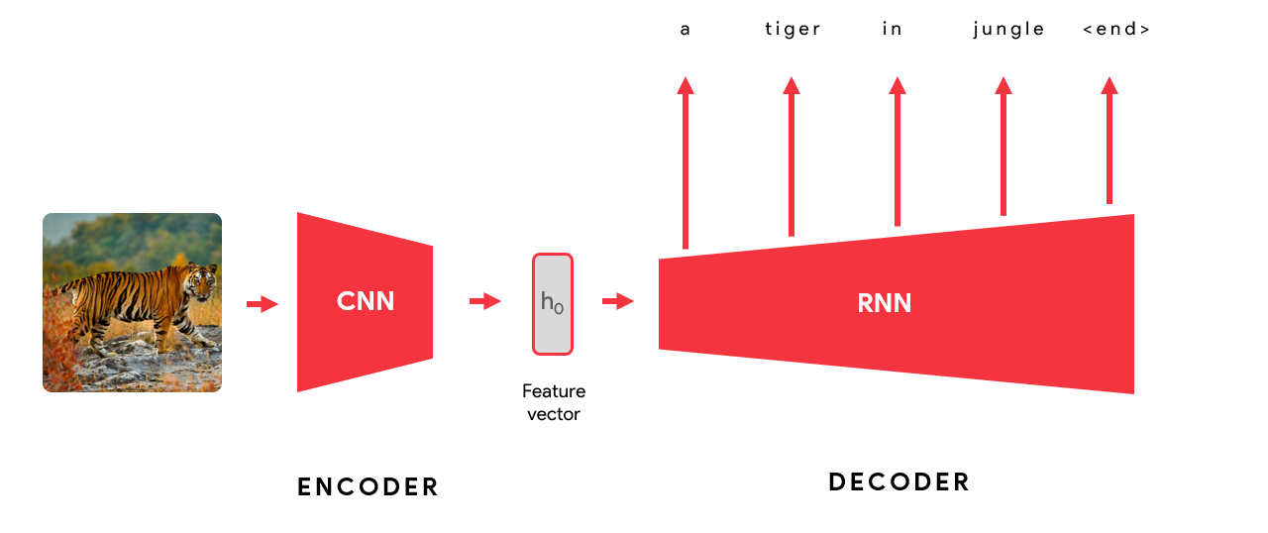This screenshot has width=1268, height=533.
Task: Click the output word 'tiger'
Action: pos(792,29)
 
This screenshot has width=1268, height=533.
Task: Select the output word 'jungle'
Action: pos(1008,29)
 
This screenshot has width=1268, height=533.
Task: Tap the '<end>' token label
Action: pos(1116,29)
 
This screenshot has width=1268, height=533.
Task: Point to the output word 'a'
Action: pos(686,29)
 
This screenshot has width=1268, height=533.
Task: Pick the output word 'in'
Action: pos(893,29)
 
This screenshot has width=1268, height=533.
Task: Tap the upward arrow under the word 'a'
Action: pos(686,162)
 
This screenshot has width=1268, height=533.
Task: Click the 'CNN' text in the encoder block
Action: pos(366,301)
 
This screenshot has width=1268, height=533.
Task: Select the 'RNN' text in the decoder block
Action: pos(884,303)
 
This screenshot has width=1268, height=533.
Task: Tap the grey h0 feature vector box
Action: pos(553,303)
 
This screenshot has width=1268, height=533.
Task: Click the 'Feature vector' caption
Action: pos(553,402)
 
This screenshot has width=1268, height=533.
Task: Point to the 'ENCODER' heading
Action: pos(368,486)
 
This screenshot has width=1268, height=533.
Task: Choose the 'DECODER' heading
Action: pos(898,482)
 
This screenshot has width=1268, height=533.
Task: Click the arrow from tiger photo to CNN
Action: pos(262,304)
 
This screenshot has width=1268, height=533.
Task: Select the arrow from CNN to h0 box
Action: pos(485,301)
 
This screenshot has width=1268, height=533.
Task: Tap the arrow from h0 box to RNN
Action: pos(618,301)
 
